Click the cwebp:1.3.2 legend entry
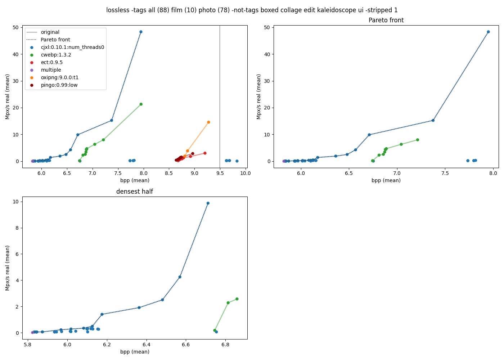pyautogui.click(x=56, y=55)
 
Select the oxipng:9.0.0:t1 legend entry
pyautogui.click(x=59, y=77)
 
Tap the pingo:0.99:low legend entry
pyautogui.click(x=59, y=85)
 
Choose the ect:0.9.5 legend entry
pyautogui.click(x=51, y=62)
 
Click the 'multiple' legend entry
pyautogui.click(x=51, y=70)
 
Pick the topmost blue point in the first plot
pyautogui.click(x=141, y=32)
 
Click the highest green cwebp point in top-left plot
pyautogui.click(x=141, y=104)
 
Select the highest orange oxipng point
pyautogui.click(x=208, y=122)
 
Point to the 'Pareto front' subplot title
pyautogui.click(x=386, y=20)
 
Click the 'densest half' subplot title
pyautogui.click(x=134, y=192)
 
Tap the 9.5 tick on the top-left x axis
pyautogui.click(x=220, y=173)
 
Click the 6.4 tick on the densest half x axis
pyautogui.click(x=147, y=345)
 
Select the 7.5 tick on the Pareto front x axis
pyautogui.click(x=445, y=173)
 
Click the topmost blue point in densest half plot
pyautogui.click(x=208, y=203)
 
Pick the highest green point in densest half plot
pyautogui.click(x=237, y=299)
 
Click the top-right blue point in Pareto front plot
pyautogui.click(x=488, y=32)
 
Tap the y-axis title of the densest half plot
pyautogui.click(x=8, y=268)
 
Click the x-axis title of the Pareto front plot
pyautogui.click(x=386, y=180)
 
